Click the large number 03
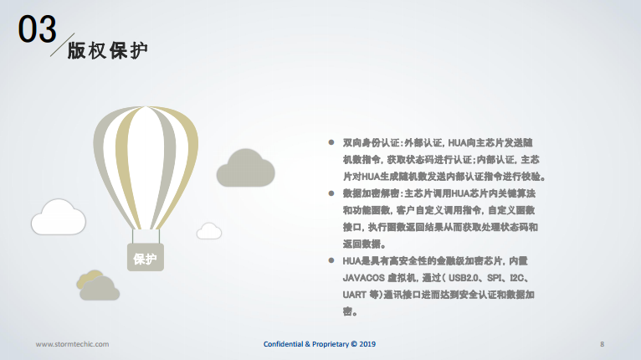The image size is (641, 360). pyautogui.click(x=37, y=28)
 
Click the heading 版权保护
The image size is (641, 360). pyautogui.click(x=107, y=51)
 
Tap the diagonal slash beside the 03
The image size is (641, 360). pyautogui.click(x=63, y=44)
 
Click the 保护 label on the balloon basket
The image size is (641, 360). pyautogui.click(x=145, y=259)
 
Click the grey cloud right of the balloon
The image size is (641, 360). pyautogui.click(x=245, y=168)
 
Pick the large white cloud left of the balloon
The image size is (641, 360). pyautogui.click(x=59, y=217)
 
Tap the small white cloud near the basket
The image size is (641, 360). pyautogui.click(x=209, y=231)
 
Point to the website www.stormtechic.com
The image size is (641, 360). pyautogui.click(x=72, y=344)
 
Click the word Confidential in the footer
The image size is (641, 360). pyautogui.click(x=284, y=344)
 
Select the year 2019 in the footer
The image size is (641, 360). pyautogui.click(x=367, y=344)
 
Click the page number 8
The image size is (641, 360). pyautogui.click(x=602, y=344)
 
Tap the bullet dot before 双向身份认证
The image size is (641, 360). pyautogui.click(x=331, y=142)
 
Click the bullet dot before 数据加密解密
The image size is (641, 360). pyautogui.click(x=331, y=193)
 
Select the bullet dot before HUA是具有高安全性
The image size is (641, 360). pyautogui.click(x=331, y=260)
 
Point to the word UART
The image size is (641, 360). pyautogui.click(x=354, y=295)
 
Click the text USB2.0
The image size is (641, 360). pyautogui.click(x=463, y=278)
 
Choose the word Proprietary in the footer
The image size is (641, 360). pyautogui.click(x=331, y=344)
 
